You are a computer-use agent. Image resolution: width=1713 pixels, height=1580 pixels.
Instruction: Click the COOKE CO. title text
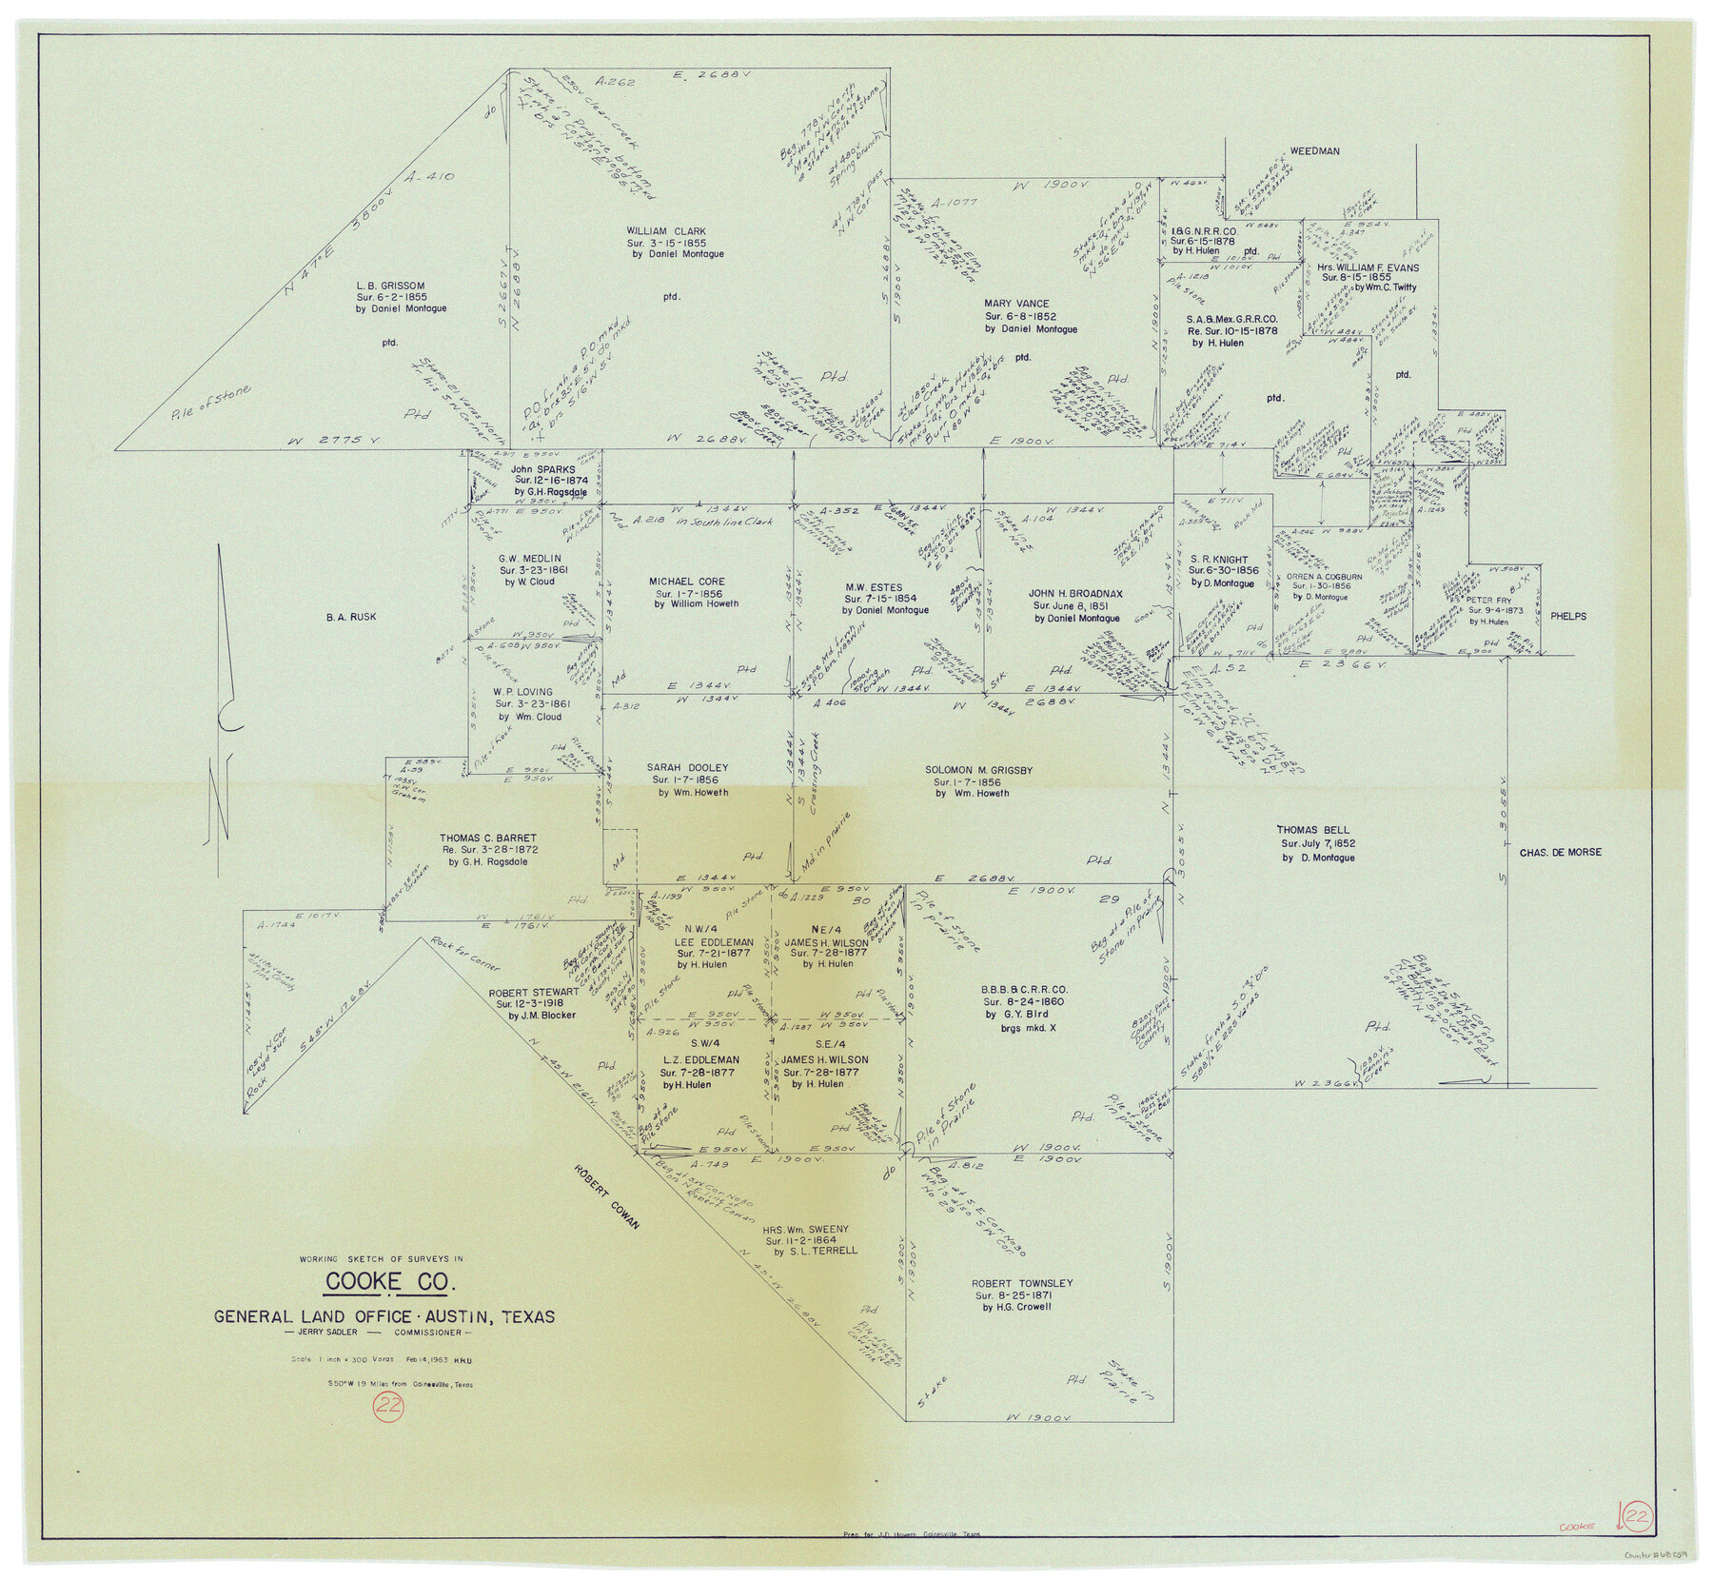pyautogui.click(x=389, y=1281)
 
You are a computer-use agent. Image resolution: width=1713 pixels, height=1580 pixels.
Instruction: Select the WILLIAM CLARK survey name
pyautogui.click(x=665, y=231)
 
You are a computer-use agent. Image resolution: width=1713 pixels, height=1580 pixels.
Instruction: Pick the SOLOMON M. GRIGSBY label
pyautogui.click(x=978, y=770)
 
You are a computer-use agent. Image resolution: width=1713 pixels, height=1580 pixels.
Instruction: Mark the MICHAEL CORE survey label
pyautogui.click(x=686, y=582)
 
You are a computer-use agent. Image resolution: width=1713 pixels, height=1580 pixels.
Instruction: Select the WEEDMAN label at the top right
pyautogui.click(x=1314, y=151)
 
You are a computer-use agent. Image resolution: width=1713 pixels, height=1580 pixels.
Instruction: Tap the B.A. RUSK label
pyautogui.click(x=350, y=617)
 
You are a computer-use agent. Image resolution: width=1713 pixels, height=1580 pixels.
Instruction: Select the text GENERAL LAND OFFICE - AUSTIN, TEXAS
pyautogui.click(x=384, y=1317)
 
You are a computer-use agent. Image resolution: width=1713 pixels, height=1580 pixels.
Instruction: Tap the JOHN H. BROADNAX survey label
pyautogui.click(x=1075, y=593)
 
